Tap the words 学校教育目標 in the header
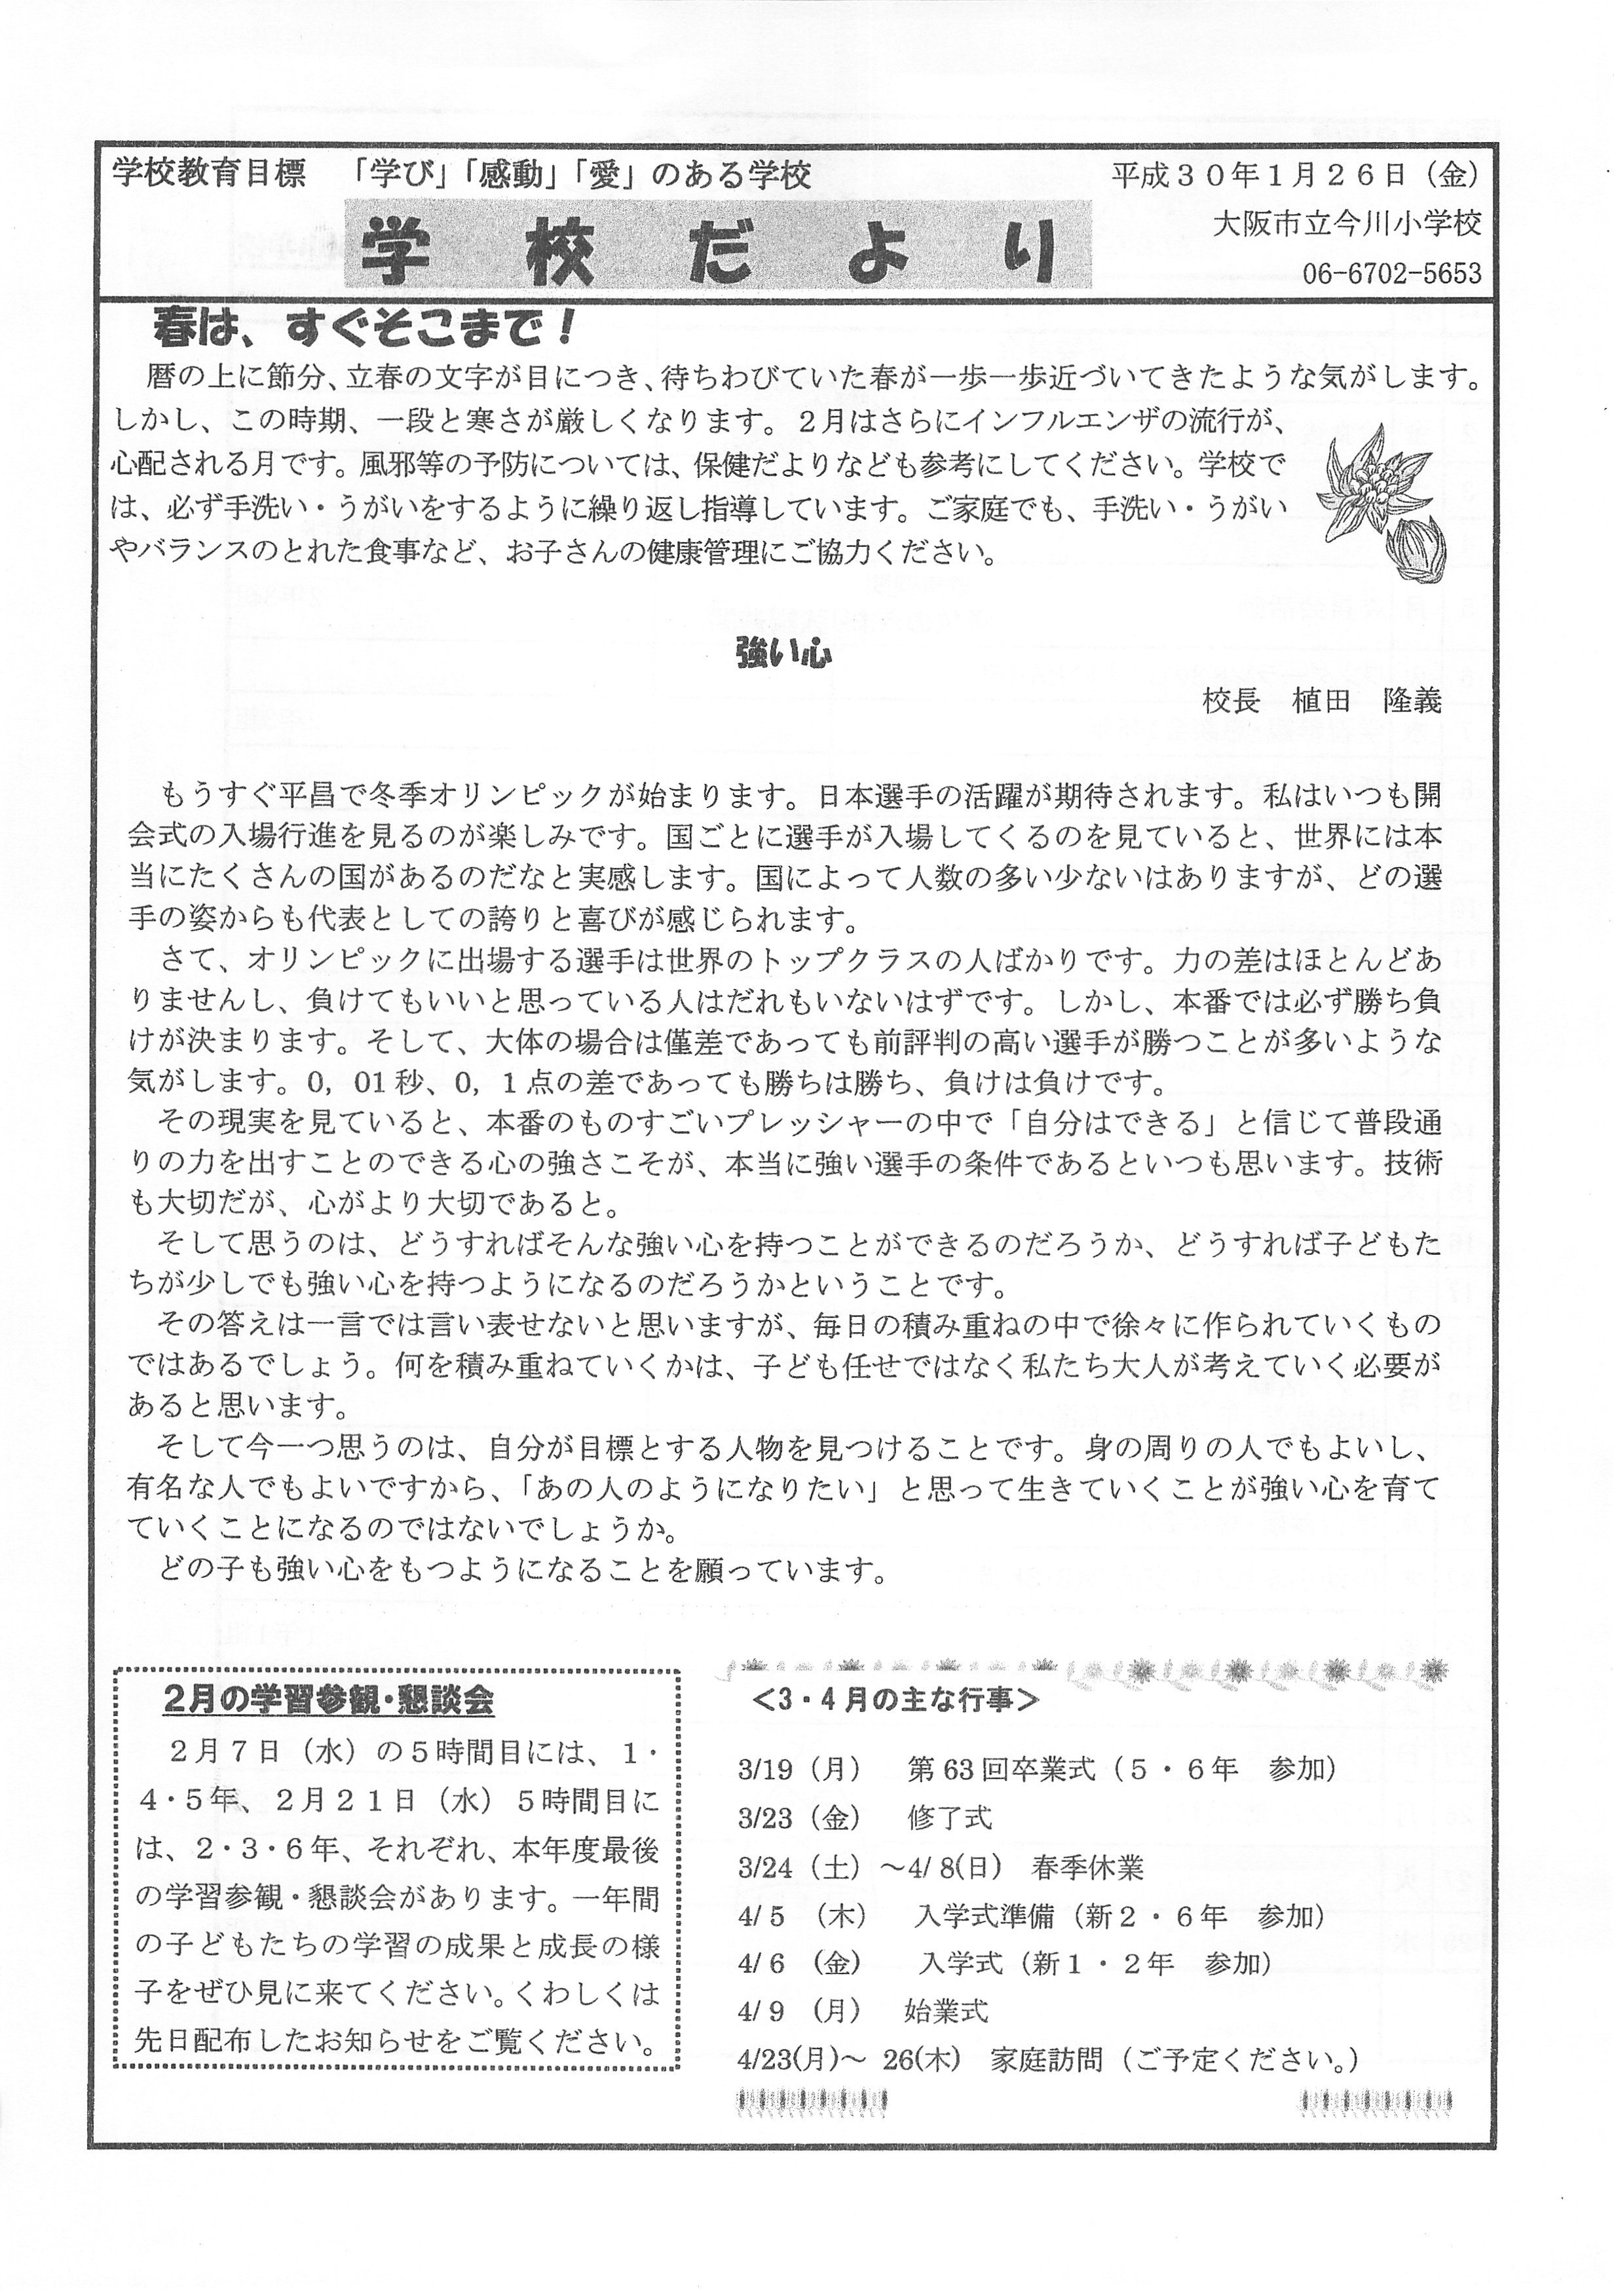pyautogui.click(x=209, y=175)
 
